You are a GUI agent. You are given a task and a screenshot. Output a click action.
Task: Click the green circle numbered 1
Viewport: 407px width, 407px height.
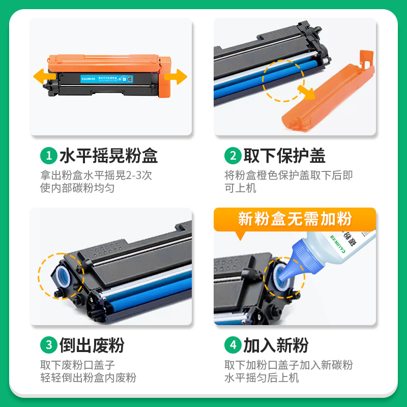point(49,156)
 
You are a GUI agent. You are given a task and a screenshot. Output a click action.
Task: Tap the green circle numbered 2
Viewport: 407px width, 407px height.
point(232,156)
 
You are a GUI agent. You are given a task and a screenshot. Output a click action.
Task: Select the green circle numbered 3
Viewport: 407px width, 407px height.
point(49,345)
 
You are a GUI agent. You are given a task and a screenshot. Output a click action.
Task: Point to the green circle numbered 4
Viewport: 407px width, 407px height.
point(232,345)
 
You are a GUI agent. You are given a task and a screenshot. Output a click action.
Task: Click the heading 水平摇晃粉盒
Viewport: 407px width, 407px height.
point(108,156)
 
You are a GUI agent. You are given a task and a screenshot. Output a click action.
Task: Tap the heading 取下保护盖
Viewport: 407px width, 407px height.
point(284,156)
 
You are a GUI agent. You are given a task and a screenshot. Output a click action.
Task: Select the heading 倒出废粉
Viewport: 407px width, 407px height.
point(92,345)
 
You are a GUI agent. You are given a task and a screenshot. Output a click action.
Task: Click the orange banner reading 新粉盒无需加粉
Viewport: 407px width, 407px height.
point(295,219)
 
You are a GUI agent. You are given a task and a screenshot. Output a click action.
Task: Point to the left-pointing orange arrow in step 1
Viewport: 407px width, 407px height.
point(44,77)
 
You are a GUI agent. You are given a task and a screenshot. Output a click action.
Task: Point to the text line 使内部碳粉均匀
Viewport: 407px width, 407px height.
point(77,188)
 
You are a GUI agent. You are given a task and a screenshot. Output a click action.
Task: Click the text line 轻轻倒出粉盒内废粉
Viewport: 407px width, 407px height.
point(89,378)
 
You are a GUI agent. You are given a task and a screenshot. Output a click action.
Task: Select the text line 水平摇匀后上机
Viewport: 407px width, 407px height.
point(261,378)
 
